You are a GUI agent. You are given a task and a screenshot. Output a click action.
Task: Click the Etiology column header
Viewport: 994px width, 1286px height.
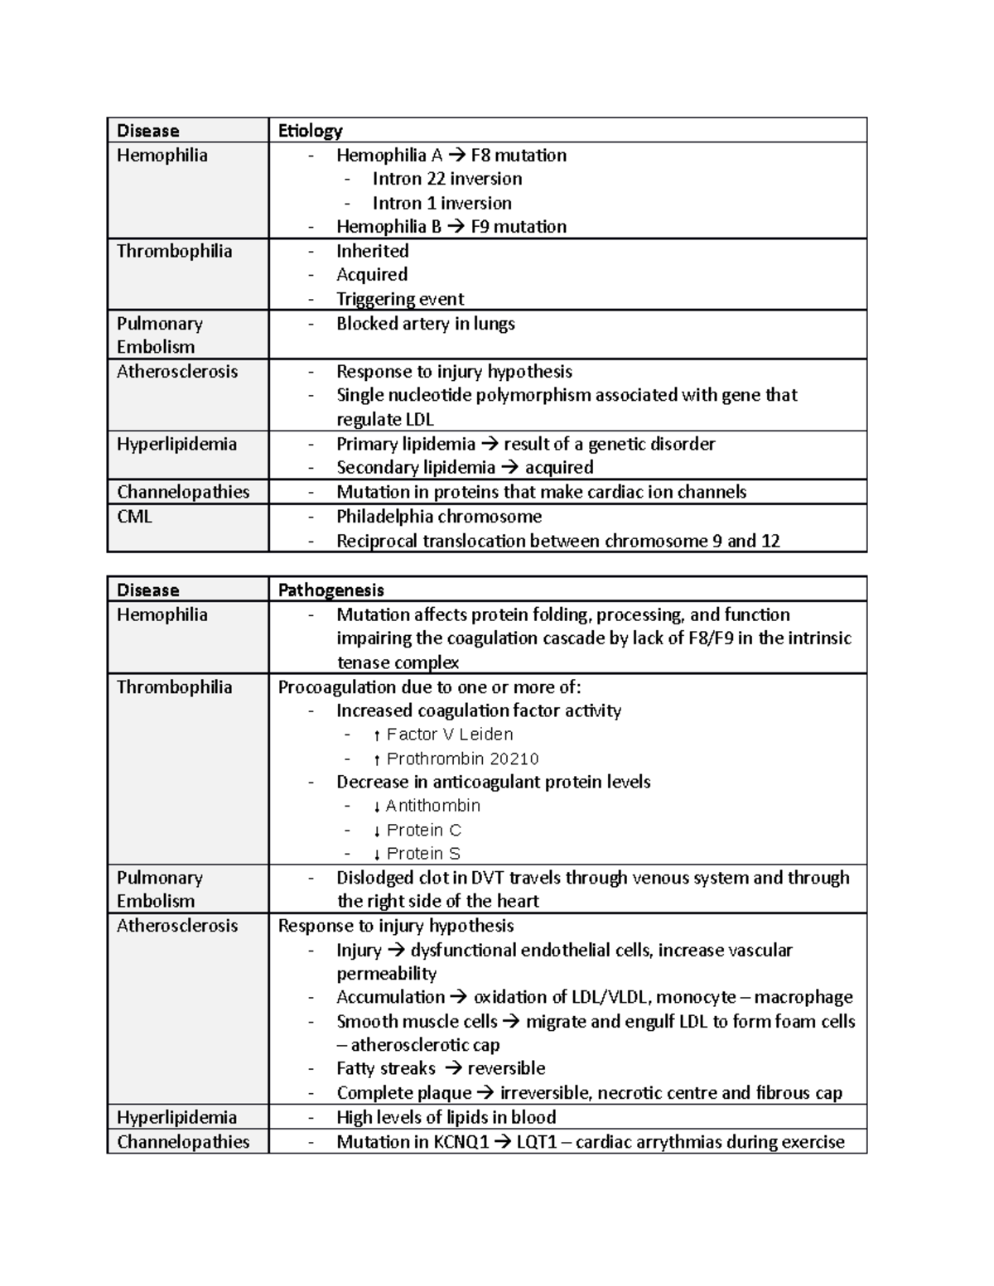[x=310, y=131]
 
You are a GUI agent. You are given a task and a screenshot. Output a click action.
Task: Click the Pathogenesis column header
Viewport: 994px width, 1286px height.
[x=331, y=590]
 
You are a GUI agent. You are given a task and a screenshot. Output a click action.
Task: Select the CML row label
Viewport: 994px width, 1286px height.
[x=134, y=517]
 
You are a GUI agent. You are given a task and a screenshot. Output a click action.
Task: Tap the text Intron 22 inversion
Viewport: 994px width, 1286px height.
[x=446, y=179]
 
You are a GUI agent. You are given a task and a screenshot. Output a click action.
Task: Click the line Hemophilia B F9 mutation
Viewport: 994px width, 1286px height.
[x=451, y=227]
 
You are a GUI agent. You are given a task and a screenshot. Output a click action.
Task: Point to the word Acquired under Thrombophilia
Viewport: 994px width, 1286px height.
[x=371, y=275]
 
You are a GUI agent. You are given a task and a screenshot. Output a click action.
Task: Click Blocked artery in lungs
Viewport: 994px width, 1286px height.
[x=425, y=324]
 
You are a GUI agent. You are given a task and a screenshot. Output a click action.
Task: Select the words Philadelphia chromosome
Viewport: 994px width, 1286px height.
[x=438, y=517]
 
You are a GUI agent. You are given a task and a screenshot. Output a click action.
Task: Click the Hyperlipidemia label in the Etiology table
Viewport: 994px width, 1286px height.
[x=176, y=445]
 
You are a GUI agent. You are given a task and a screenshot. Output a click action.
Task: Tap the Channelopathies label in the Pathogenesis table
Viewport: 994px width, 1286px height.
[x=183, y=1142]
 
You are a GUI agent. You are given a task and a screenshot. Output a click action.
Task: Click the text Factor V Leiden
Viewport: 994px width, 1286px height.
[x=449, y=735]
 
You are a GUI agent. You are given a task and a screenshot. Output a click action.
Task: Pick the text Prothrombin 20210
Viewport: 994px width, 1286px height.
[x=462, y=759]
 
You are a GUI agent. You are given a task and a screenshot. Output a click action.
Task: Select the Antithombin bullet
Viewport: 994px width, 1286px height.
[x=432, y=806]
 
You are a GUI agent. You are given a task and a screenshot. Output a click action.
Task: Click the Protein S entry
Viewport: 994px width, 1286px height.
[x=423, y=854]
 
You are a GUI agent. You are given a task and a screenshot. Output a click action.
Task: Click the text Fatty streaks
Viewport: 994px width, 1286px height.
[x=385, y=1068]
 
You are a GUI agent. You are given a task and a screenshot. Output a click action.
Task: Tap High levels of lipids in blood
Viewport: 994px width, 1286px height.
[x=446, y=1117]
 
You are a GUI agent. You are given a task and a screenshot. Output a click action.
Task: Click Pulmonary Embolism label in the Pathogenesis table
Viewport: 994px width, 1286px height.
[x=159, y=889]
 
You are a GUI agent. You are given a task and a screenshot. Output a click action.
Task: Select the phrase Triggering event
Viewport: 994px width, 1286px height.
[x=399, y=299]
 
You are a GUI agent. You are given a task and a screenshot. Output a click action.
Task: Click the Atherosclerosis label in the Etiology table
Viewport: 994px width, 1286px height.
[x=176, y=372]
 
